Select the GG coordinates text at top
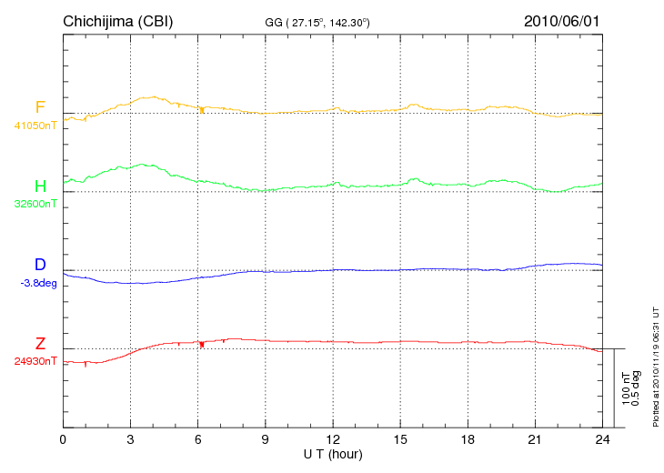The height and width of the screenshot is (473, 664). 317,21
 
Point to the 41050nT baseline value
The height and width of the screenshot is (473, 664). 35,126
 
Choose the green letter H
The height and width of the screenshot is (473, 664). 40,186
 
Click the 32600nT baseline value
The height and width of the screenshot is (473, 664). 35,204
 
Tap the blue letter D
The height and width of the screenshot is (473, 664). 40,266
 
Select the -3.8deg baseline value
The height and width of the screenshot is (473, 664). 37,283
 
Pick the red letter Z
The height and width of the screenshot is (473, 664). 40,344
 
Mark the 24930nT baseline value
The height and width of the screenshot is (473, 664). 35,361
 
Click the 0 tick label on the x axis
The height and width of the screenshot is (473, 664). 63,439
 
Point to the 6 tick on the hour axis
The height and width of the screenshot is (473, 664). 197,439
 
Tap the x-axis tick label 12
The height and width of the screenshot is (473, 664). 333,439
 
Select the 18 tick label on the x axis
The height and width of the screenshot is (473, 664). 468,439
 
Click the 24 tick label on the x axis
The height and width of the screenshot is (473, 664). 602,439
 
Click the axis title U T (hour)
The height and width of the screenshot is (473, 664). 333,453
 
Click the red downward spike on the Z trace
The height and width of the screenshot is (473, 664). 201,345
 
